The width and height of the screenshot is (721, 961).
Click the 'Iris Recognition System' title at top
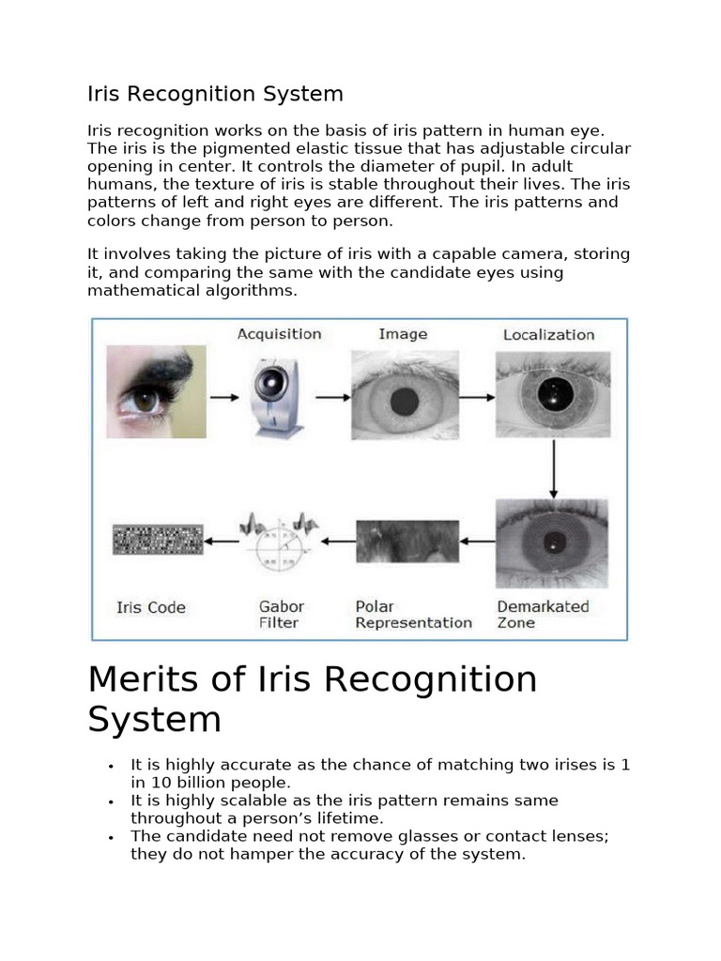215,94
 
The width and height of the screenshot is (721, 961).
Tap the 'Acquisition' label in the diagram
279,334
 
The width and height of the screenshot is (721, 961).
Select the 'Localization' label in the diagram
548,335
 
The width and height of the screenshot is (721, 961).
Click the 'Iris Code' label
151,607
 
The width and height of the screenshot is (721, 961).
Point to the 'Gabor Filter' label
282,615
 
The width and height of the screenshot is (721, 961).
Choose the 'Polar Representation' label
413,615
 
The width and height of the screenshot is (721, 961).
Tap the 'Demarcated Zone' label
543,615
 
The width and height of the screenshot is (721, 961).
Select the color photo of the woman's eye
156,391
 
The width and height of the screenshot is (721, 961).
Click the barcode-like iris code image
158,540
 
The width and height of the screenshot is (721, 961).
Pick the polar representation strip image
407,541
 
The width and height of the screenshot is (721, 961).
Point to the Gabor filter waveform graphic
279,542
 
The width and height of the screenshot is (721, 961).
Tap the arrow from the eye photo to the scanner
223,397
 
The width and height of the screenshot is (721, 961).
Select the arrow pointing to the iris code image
222,541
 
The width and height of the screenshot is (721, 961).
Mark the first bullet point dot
111,766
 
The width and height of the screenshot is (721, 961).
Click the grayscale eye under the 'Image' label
405,396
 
